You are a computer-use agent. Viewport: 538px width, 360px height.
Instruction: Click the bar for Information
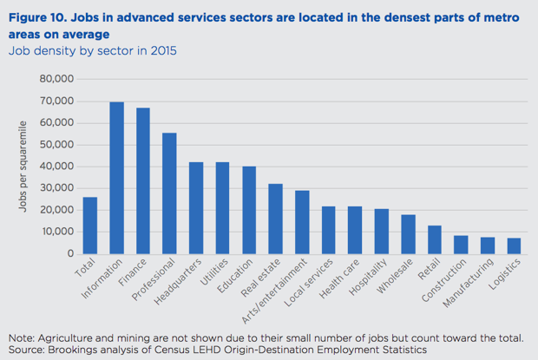click(x=116, y=178)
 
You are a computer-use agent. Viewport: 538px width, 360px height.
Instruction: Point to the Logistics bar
click(x=514, y=245)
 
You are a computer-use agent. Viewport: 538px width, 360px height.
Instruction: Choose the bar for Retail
click(x=434, y=239)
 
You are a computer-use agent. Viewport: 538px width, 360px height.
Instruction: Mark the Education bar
click(x=249, y=210)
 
